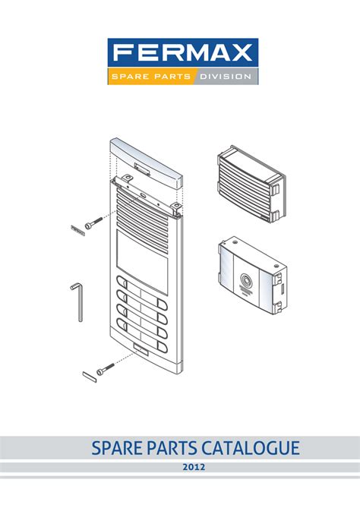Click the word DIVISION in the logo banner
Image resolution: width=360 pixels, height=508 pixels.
click(x=225, y=77)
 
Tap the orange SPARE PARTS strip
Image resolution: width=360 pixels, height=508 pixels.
click(x=150, y=77)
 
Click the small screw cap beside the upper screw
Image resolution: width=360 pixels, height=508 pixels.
click(x=76, y=228)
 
